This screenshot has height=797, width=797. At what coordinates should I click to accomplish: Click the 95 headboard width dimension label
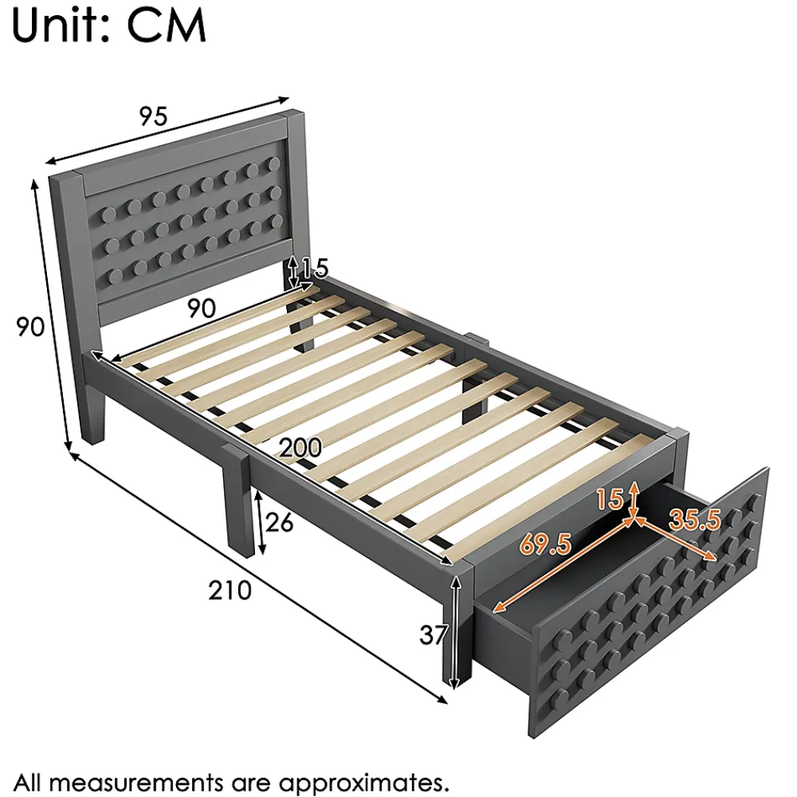(153, 116)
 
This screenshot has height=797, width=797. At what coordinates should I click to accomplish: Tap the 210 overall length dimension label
(230, 590)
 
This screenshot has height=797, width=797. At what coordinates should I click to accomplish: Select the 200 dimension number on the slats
(300, 448)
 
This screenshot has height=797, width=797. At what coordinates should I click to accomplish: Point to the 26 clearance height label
(279, 522)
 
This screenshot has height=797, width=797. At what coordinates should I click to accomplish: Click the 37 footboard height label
(434, 634)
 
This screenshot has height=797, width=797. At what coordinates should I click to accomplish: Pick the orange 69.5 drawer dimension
(545, 544)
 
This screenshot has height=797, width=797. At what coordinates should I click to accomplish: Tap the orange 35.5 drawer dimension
(695, 520)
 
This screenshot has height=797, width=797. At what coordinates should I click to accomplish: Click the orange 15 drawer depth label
(610, 499)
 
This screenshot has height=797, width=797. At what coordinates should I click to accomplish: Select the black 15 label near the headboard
(315, 268)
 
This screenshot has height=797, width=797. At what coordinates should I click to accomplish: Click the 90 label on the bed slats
(202, 308)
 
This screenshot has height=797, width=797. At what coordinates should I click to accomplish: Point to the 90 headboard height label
(30, 326)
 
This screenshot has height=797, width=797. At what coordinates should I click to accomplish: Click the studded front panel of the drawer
(650, 603)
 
